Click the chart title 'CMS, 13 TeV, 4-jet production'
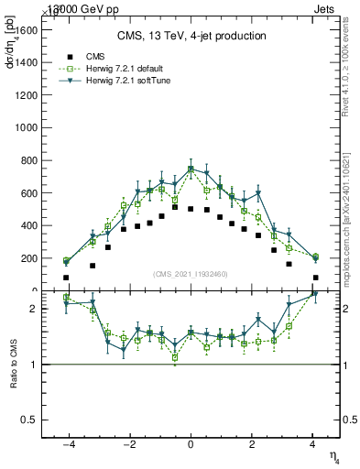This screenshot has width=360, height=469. point(191,37)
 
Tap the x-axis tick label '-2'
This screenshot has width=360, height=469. point(128,444)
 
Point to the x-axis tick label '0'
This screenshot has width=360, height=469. point(191,444)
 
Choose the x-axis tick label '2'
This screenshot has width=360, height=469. point(253,444)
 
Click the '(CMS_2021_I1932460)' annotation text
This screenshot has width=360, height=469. point(191,274)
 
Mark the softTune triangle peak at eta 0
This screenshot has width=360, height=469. point(191,169)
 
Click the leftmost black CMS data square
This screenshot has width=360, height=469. point(66,277)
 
